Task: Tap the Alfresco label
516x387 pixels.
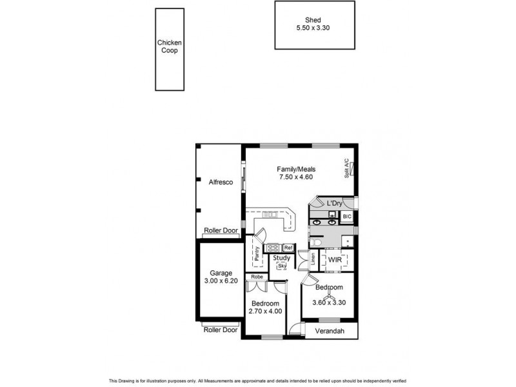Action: pyautogui.click(x=220, y=183)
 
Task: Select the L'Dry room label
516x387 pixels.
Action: pyautogui.click(x=334, y=203)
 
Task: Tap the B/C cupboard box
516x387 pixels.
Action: pyautogui.click(x=346, y=217)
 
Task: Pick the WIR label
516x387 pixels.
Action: pyautogui.click(x=334, y=259)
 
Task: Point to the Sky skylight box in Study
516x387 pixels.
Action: pyautogui.click(x=282, y=266)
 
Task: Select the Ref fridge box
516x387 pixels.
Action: pyautogui.click(x=288, y=248)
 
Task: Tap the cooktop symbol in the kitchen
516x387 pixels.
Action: pyautogui.click(x=272, y=248)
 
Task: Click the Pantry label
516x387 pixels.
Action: pyautogui.click(x=256, y=254)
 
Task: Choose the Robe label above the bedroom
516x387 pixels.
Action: pyautogui.click(x=256, y=277)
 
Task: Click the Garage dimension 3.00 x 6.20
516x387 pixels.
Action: pyautogui.click(x=220, y=282)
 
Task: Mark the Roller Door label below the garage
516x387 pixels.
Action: pyautogui.click(x=221, y=330)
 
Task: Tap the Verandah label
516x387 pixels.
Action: pyautogui.click(x=329, y=332)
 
